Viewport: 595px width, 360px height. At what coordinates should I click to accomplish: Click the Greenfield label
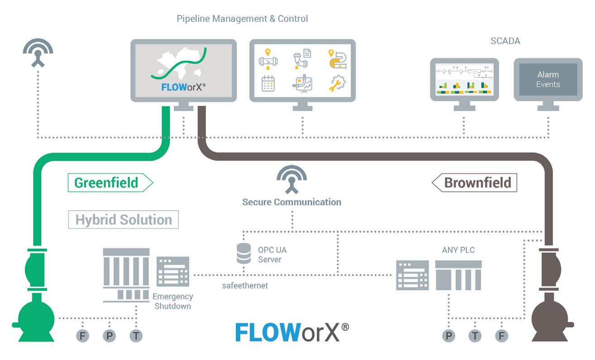click(107, 182)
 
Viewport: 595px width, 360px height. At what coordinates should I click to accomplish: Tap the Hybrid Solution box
click(124, 220)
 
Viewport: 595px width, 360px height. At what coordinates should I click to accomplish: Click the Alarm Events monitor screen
click(548, 79)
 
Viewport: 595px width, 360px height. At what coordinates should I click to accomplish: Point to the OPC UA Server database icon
click(244, 254)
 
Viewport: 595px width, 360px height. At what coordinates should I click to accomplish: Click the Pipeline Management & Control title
click(242, 19)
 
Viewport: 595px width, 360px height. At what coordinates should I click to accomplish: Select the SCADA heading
click(505, 41)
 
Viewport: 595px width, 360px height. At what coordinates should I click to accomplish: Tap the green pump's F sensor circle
click(83, 336)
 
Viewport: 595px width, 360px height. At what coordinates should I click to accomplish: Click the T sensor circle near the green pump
click(136, 336)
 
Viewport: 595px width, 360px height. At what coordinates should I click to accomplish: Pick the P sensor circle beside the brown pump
click(449, 336)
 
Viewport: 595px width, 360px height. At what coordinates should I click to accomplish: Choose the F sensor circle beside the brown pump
click(501, 336)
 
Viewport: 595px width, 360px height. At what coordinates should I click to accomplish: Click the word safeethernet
click(245, 286)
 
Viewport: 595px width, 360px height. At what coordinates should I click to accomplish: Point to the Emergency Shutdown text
click(173, 301)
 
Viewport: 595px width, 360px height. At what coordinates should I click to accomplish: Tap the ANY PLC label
click(458, 250)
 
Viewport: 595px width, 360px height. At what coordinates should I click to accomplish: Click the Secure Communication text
click(291, 202)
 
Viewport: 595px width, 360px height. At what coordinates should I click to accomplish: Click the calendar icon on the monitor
click(268, 84)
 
